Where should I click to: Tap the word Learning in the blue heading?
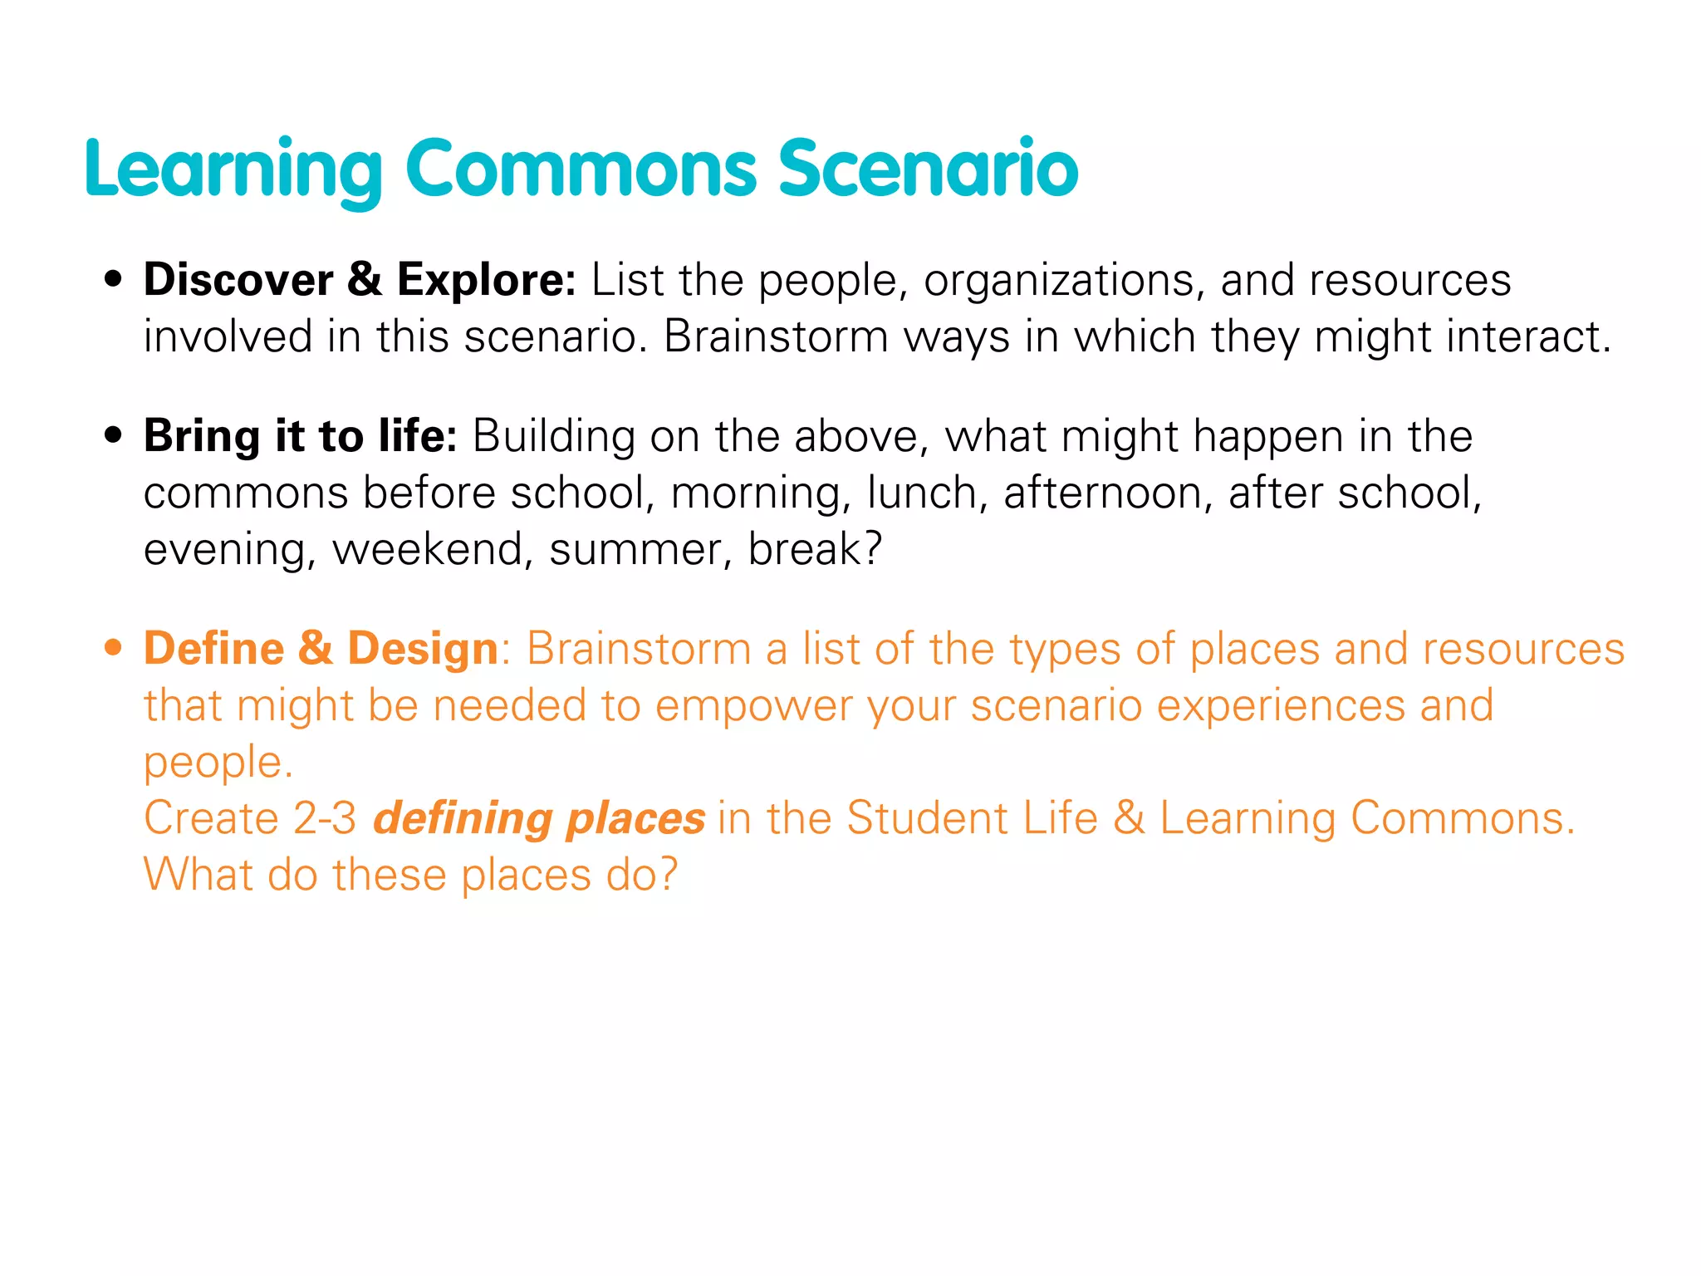pyautogui.click(x=233, y=170)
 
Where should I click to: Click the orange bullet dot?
pyautogui.click(x=114, y=647)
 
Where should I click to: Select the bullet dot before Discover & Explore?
pyautogui.click(x=114, y=279)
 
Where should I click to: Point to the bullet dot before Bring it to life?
pyautogui.click(x=114, y=435)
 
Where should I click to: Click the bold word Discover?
pyautogui.click(x=238, y=279)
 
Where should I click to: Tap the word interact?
pyautogui.click(x=1527, y=337)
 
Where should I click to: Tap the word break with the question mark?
pyautogui.click(x=814, y=549)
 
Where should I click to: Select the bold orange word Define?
pyautogui.click(x=214, y=648)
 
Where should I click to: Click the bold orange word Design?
pyautogui.click(x=422, y=650)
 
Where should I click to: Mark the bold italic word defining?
pyautogui.click(x=462, y=819)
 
